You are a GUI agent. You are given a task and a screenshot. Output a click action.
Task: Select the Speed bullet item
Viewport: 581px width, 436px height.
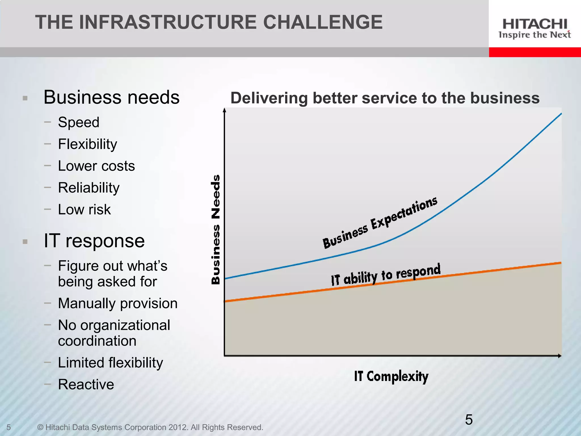click(79, 122)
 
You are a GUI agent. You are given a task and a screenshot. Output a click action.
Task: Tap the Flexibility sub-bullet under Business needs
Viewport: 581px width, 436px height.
click(87, 144)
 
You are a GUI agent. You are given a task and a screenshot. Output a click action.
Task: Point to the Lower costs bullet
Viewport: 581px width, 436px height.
click(96, 166)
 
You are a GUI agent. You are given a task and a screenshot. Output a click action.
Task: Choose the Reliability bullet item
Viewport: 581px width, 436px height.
click(89, 188)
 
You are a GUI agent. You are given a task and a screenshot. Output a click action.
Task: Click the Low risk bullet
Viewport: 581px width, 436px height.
click(84, 209)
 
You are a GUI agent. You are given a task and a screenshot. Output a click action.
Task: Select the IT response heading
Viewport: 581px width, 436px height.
click(94, 241)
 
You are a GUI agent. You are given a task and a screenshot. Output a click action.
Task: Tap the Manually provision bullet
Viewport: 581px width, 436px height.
click(117, 303)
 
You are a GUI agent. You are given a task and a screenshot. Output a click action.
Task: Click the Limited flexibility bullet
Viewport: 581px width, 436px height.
click(110, 363)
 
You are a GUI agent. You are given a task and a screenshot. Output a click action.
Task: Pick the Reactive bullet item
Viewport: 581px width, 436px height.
click(86, 384)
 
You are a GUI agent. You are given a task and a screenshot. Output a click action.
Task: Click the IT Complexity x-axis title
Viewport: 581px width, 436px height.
click(391, 376)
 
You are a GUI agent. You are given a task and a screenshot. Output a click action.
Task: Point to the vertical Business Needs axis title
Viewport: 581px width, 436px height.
click(216, 229)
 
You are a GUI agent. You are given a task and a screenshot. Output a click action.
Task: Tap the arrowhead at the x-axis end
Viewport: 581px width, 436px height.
click(560, 356)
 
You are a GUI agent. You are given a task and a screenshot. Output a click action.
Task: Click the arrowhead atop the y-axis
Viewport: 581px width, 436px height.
click(224, 110)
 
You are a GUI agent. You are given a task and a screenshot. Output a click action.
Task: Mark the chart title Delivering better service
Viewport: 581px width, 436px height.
click(385, 98)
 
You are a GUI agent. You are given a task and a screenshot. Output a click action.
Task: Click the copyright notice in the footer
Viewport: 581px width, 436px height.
click(150, 427)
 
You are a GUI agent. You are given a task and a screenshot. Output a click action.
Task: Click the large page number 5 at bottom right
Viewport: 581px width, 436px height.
click(469, 420)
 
